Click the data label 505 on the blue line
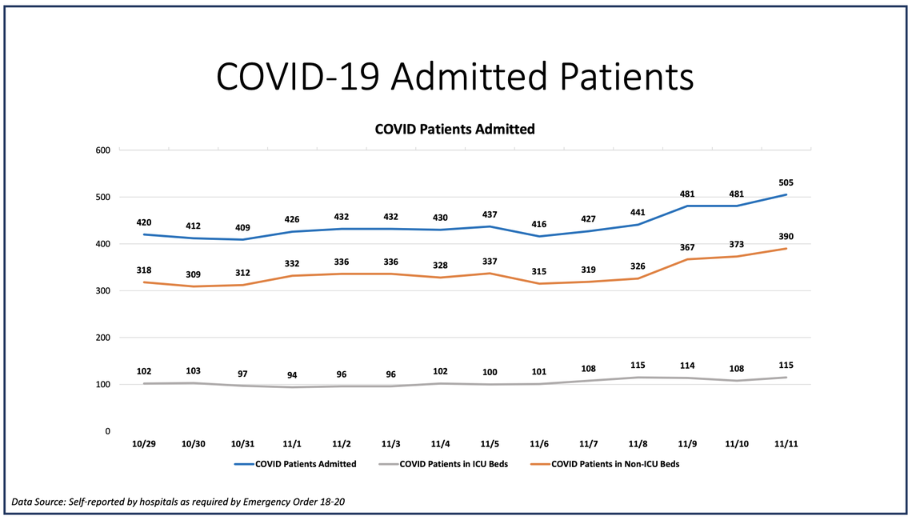[786, 182]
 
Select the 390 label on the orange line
[786, 237]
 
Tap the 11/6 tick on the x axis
[539, 444]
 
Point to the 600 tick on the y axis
[102, 150]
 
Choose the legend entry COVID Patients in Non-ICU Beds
[615, 463]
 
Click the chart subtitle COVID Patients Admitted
[454, 129]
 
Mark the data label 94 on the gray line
[292, 375]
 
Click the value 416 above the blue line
[539, 225]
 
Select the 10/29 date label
[144, 444]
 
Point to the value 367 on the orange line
[687, 247]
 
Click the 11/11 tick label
[786, 444]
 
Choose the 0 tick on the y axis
[107, 431]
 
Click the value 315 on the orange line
[539, 272]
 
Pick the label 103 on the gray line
[194, 371]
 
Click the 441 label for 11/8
[638, 213]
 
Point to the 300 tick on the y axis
[102, 291]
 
